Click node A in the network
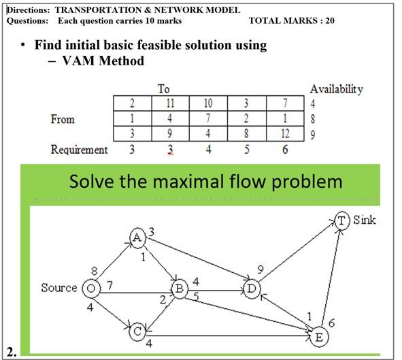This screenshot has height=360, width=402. pos(137,237)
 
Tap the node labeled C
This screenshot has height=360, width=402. pos(137,331)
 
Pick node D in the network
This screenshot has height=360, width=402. pos(251,289)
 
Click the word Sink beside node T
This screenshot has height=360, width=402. pos(365,220)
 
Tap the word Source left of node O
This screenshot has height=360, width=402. pos(59,288)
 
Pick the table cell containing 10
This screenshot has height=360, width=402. pos(208,104)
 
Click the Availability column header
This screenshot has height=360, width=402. pos(336,89)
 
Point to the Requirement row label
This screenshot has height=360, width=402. pos(79,150)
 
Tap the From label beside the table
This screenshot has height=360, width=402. pos(63,120)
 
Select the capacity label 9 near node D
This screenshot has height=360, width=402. pos(261,269)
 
